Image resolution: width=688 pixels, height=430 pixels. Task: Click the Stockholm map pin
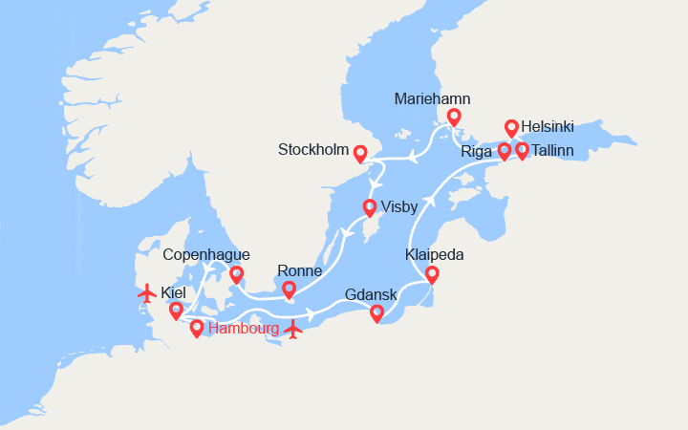tap(360, 152)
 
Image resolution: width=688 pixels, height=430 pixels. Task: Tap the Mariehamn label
tap(432, 98)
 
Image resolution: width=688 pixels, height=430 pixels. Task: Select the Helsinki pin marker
tap(511, 127)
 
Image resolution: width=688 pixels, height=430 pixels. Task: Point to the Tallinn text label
tap(554, 150)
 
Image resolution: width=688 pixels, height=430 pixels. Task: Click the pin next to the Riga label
tap(505, 150)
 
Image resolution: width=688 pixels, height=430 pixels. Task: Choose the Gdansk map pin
tap(376, 312)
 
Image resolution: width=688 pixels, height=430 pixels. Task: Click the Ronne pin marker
tap(289, 289)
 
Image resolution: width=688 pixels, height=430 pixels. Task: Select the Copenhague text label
tap(206, 254)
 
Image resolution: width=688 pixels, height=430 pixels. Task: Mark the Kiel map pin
tap(176, 310)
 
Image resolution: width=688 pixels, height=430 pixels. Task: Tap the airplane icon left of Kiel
tap(146, 292)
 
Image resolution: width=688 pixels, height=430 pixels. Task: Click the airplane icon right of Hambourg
tap(293, 330)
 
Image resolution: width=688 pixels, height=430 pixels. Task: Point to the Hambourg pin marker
tap(197, 329)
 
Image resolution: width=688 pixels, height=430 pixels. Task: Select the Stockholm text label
tap(312, 150)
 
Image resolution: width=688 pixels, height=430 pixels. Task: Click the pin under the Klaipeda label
tap(432, 274)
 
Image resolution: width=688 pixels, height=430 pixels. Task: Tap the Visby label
tap(398, 206)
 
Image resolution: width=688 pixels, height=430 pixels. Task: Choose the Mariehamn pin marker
tap(454, 117)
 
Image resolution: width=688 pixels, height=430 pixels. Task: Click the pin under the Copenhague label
tap(236, 274)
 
